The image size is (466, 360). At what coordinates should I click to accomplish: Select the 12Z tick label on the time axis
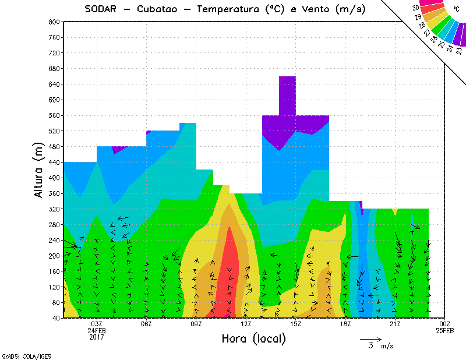[246, 324]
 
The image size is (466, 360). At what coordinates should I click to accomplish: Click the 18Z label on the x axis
[345, 324]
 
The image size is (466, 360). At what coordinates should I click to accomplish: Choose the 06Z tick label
[146, 324]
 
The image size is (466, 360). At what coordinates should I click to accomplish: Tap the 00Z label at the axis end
[445, 324]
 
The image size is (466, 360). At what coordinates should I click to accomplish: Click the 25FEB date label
[445, 330]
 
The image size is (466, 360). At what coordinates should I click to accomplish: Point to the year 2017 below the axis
[97, 337]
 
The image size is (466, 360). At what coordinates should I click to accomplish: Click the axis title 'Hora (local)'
[254, 338]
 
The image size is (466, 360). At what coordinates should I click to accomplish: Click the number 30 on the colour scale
[415, 8]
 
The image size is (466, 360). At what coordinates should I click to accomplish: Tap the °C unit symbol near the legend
[456, 9]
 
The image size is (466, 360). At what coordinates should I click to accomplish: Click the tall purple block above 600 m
[287, 96]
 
